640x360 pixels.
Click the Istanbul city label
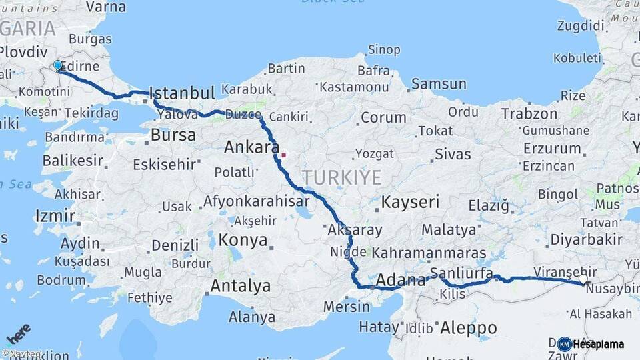click(x=181, y=93)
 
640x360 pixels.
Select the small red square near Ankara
click(x=283, y=155)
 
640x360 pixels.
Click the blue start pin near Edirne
click(x=58, y=66)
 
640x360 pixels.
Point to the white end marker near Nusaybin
click(x=584, y=280)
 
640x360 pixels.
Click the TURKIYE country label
click(x=341, y=178)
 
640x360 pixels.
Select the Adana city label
click(x=400, y=280)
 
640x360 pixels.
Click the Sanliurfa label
click(x=461, y=273)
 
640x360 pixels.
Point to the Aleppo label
click(x=468, y=327)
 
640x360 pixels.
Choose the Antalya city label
click(x=241, y=286)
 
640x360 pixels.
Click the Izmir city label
click(x=55, y=215)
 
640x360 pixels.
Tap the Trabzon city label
click(x=529, y=113)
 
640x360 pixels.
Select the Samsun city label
click(x=438, y=84)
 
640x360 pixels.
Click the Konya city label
click(x=243, y=240)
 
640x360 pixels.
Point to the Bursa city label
click(x=173, y=135)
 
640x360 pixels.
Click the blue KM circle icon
click(x=565, y=344)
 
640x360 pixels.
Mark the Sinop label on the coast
click(x=384, y=50)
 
